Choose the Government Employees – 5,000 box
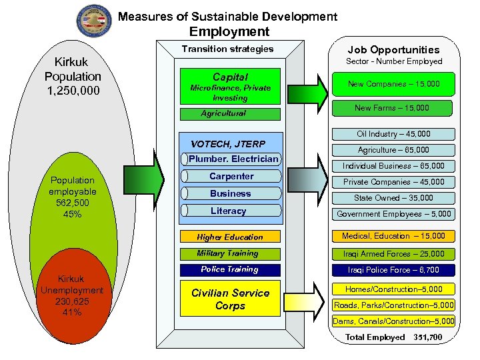pyautogui.click(x=395, y=214)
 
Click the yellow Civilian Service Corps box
pyautogui.click(x=230, y=300)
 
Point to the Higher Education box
pyautogui.click(x=230, y=237)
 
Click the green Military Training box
pyautogui.click(x=230, y=253)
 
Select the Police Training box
pyautogui.click(x=230, y=270)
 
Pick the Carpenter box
pyautogui.click(x=231, y=177)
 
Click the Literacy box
pyautogui.click(x=229, y=211)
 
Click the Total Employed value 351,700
pyautogui.click(x=427, y=337)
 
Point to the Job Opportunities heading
pyautogui.click(x=394, y=49)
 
